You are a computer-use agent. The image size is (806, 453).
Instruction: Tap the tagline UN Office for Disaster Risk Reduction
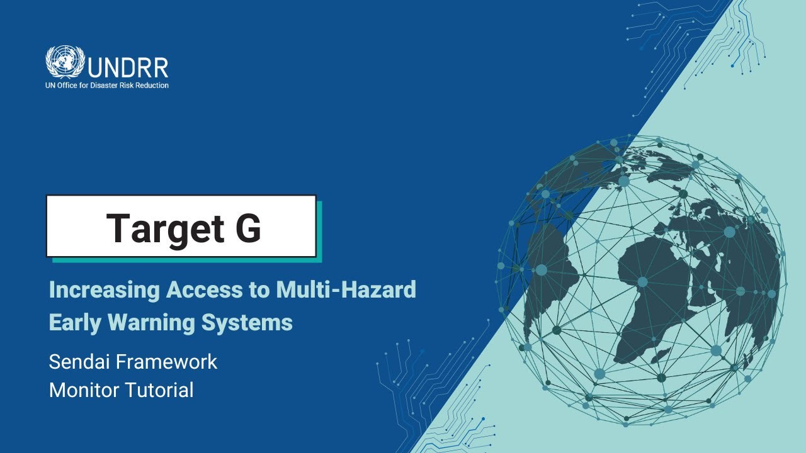107,86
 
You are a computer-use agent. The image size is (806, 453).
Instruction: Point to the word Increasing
104,290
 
